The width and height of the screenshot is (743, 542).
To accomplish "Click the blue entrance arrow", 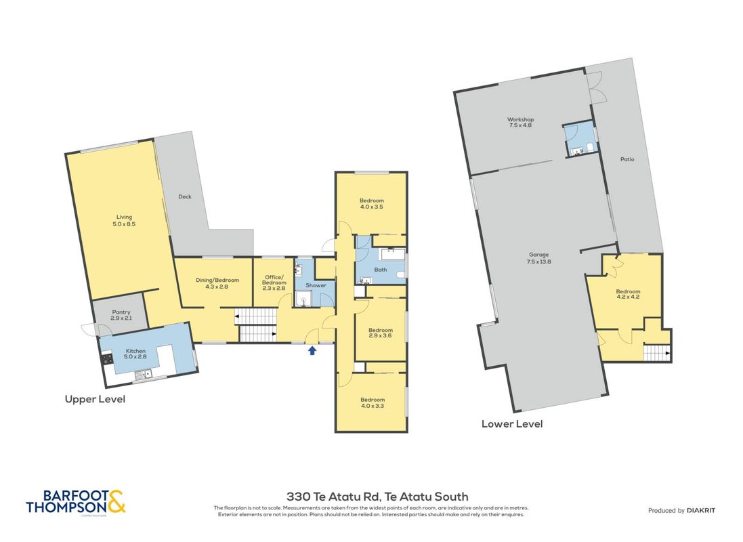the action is (312, 350).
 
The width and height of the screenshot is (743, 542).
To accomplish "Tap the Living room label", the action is (124, 220).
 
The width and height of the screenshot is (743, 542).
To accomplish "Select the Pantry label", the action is (121, 315).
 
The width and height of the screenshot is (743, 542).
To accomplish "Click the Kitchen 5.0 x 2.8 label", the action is (135, 354).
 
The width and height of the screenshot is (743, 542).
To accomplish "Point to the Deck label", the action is (185, 196).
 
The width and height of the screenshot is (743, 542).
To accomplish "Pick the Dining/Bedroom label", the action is (217, 283).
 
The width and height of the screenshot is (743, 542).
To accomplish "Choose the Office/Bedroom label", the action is (274, 283).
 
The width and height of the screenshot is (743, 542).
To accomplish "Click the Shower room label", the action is (316, 285).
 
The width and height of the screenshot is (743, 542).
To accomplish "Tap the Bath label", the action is (381, 270).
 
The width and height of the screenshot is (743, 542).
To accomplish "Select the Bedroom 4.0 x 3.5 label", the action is (371, 203).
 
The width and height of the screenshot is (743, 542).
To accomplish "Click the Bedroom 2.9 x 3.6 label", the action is (381, 333).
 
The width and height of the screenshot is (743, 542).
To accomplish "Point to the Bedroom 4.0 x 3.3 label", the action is (373, 402).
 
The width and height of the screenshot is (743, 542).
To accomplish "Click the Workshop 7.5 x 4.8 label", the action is (520, 123).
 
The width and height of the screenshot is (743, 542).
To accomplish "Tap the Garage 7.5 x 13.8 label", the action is (538, 258).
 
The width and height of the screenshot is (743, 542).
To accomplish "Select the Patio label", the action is (627, 159).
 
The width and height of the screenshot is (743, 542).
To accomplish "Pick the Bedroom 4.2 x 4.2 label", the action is (628, 294).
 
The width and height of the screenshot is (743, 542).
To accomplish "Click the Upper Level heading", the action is (95, 399).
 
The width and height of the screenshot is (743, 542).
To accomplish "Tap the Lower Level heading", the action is (512, 424).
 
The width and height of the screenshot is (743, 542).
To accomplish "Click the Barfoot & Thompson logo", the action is (76, 502).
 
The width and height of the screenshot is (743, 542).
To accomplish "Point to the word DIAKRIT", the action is (701, 510).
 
